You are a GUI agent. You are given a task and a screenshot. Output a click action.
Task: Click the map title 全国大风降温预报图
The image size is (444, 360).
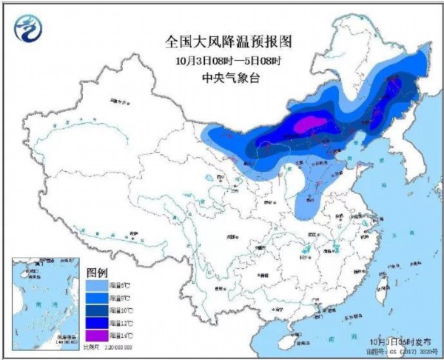pos(221,43)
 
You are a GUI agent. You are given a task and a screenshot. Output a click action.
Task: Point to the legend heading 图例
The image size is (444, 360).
pos(98,272)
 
